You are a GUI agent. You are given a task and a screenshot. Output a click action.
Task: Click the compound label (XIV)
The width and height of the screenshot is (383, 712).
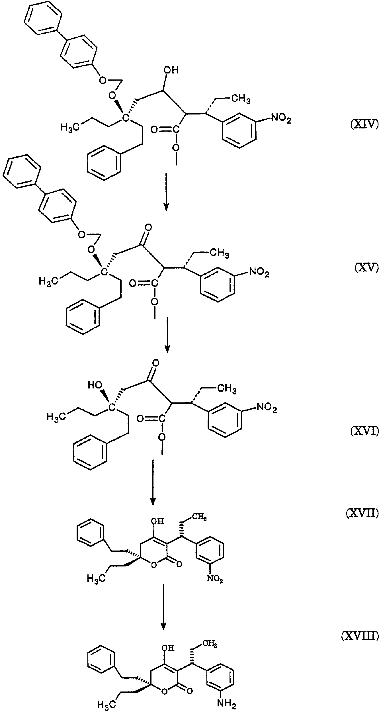[364, 125]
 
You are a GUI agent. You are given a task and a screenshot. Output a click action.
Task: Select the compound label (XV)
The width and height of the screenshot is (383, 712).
[367, 268]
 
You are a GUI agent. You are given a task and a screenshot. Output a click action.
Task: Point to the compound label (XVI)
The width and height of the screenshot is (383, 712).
[364, 432]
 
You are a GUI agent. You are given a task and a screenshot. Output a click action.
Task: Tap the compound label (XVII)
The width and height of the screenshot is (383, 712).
[362, 513]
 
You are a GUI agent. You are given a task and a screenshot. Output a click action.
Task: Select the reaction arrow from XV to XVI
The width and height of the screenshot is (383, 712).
[167, 335]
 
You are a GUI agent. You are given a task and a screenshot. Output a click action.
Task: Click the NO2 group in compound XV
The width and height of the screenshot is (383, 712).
[259, 272]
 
